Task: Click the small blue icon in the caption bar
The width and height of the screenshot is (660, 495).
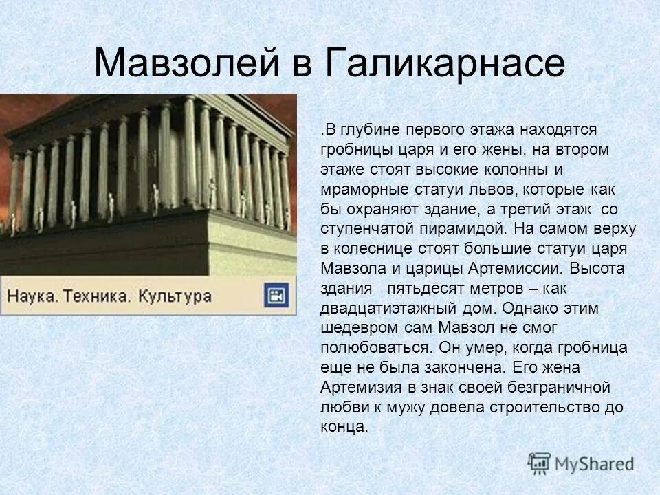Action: (277, 296)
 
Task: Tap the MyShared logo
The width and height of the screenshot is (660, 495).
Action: (580, 463)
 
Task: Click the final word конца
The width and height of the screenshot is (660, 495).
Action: (344, 426)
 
